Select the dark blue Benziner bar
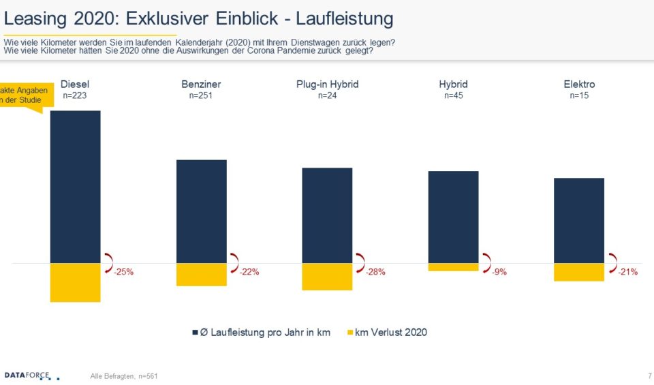click(x=201, y=211)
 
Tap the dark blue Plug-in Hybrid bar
click(x=327, y=215)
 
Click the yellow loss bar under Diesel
click(x=75, y=282)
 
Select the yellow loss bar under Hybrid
click(x=453, y=267)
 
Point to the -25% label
click(x=123, y=272)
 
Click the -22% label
click(x=249, y=272)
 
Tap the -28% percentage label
click(x=375, y=272)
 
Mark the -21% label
click(x=627, y=272)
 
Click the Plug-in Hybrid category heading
click(x=327, y=84)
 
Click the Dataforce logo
click(x=31, y=375)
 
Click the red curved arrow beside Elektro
click(x=612, y=259)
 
